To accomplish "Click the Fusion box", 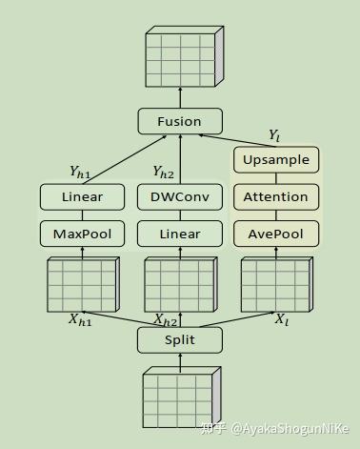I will coord(180,121).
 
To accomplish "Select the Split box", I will coord(180,340).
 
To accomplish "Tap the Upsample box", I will coord(275,160).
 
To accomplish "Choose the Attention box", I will coord(275,197).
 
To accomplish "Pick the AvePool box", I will coord(275,234).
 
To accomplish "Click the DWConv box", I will coord(180,197).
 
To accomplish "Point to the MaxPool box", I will coord(82,234).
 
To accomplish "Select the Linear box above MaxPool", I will coord(82,197).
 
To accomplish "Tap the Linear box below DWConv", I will coord(180,234).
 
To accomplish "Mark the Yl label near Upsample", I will coord(274,135).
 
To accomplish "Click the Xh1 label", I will coord(79,320).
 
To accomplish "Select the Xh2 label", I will coord(166,321).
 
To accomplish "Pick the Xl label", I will coord(281,320).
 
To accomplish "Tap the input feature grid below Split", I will coord(180,398).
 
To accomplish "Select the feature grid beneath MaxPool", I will coord(82,283).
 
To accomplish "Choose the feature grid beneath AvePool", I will coord(275,283).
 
